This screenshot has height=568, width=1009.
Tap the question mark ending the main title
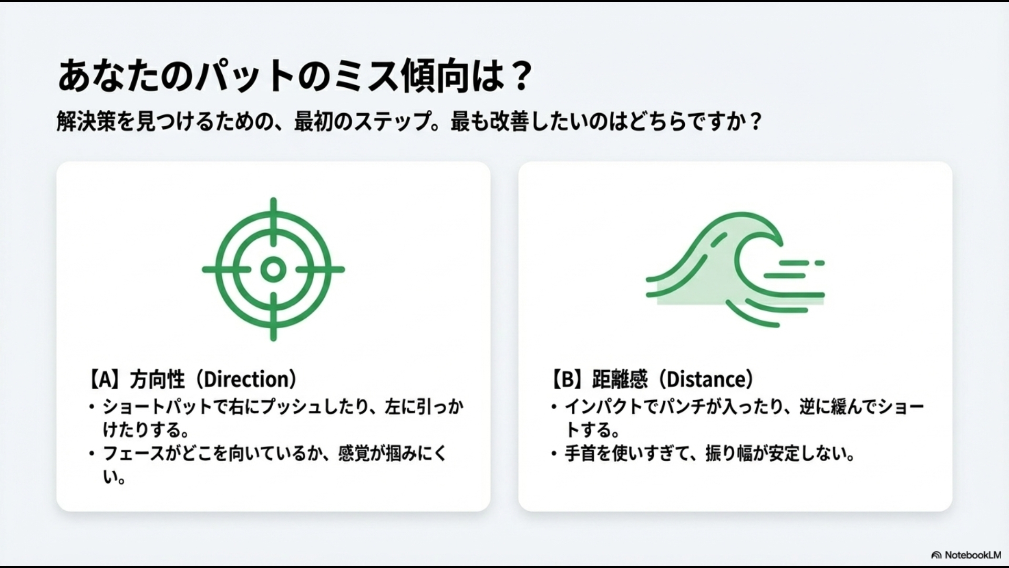pos(520,77)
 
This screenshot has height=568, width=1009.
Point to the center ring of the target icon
pos(273,269)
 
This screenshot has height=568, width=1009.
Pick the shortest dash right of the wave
pos(819,262)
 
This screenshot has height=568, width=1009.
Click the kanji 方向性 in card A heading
pos(157,380)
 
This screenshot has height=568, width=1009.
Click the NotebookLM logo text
pos(972,555)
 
